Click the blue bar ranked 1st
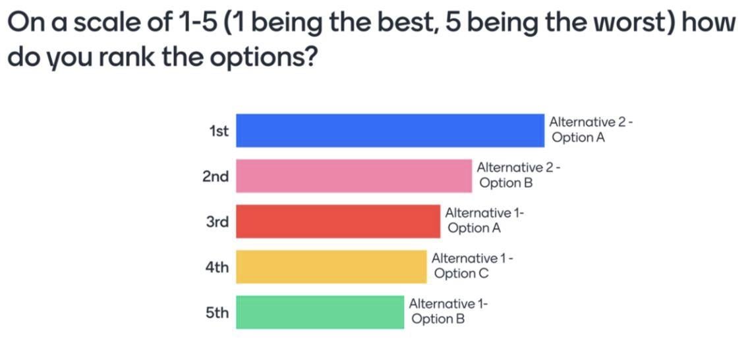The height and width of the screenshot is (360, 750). pyautogui.click(x=390, y=130)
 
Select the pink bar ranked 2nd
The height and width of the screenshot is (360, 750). pyautogui.click(x=354, y=175)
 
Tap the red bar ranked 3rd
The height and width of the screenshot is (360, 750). pyautogui.click(x=338, y=221)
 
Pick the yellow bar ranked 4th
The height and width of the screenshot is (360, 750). pyautogui.click(x=332, y=266)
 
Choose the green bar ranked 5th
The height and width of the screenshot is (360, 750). pyautogui.click(x=320, y=312)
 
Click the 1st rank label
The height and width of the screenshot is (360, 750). pyautogui.click(x=219, y=131)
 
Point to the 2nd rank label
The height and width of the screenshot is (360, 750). pyautogui.click(x=216, y=177)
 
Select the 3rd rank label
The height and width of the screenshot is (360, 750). pyautogui.click(x=217, y=222)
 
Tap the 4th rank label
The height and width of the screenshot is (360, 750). pyautogui.click(x=217, y=268)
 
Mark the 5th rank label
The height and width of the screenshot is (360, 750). pyautogui.click(x=217, y=313)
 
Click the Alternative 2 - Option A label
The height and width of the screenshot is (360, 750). pyautogui.click(x=591, y=130)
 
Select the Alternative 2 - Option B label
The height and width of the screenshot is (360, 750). pyautogui.click(x=519, y=175)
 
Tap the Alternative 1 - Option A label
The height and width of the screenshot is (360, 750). pyautogui.click(x=484, y=221)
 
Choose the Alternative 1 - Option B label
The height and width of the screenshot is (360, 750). pyautogui.click(x=449, y=312)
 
